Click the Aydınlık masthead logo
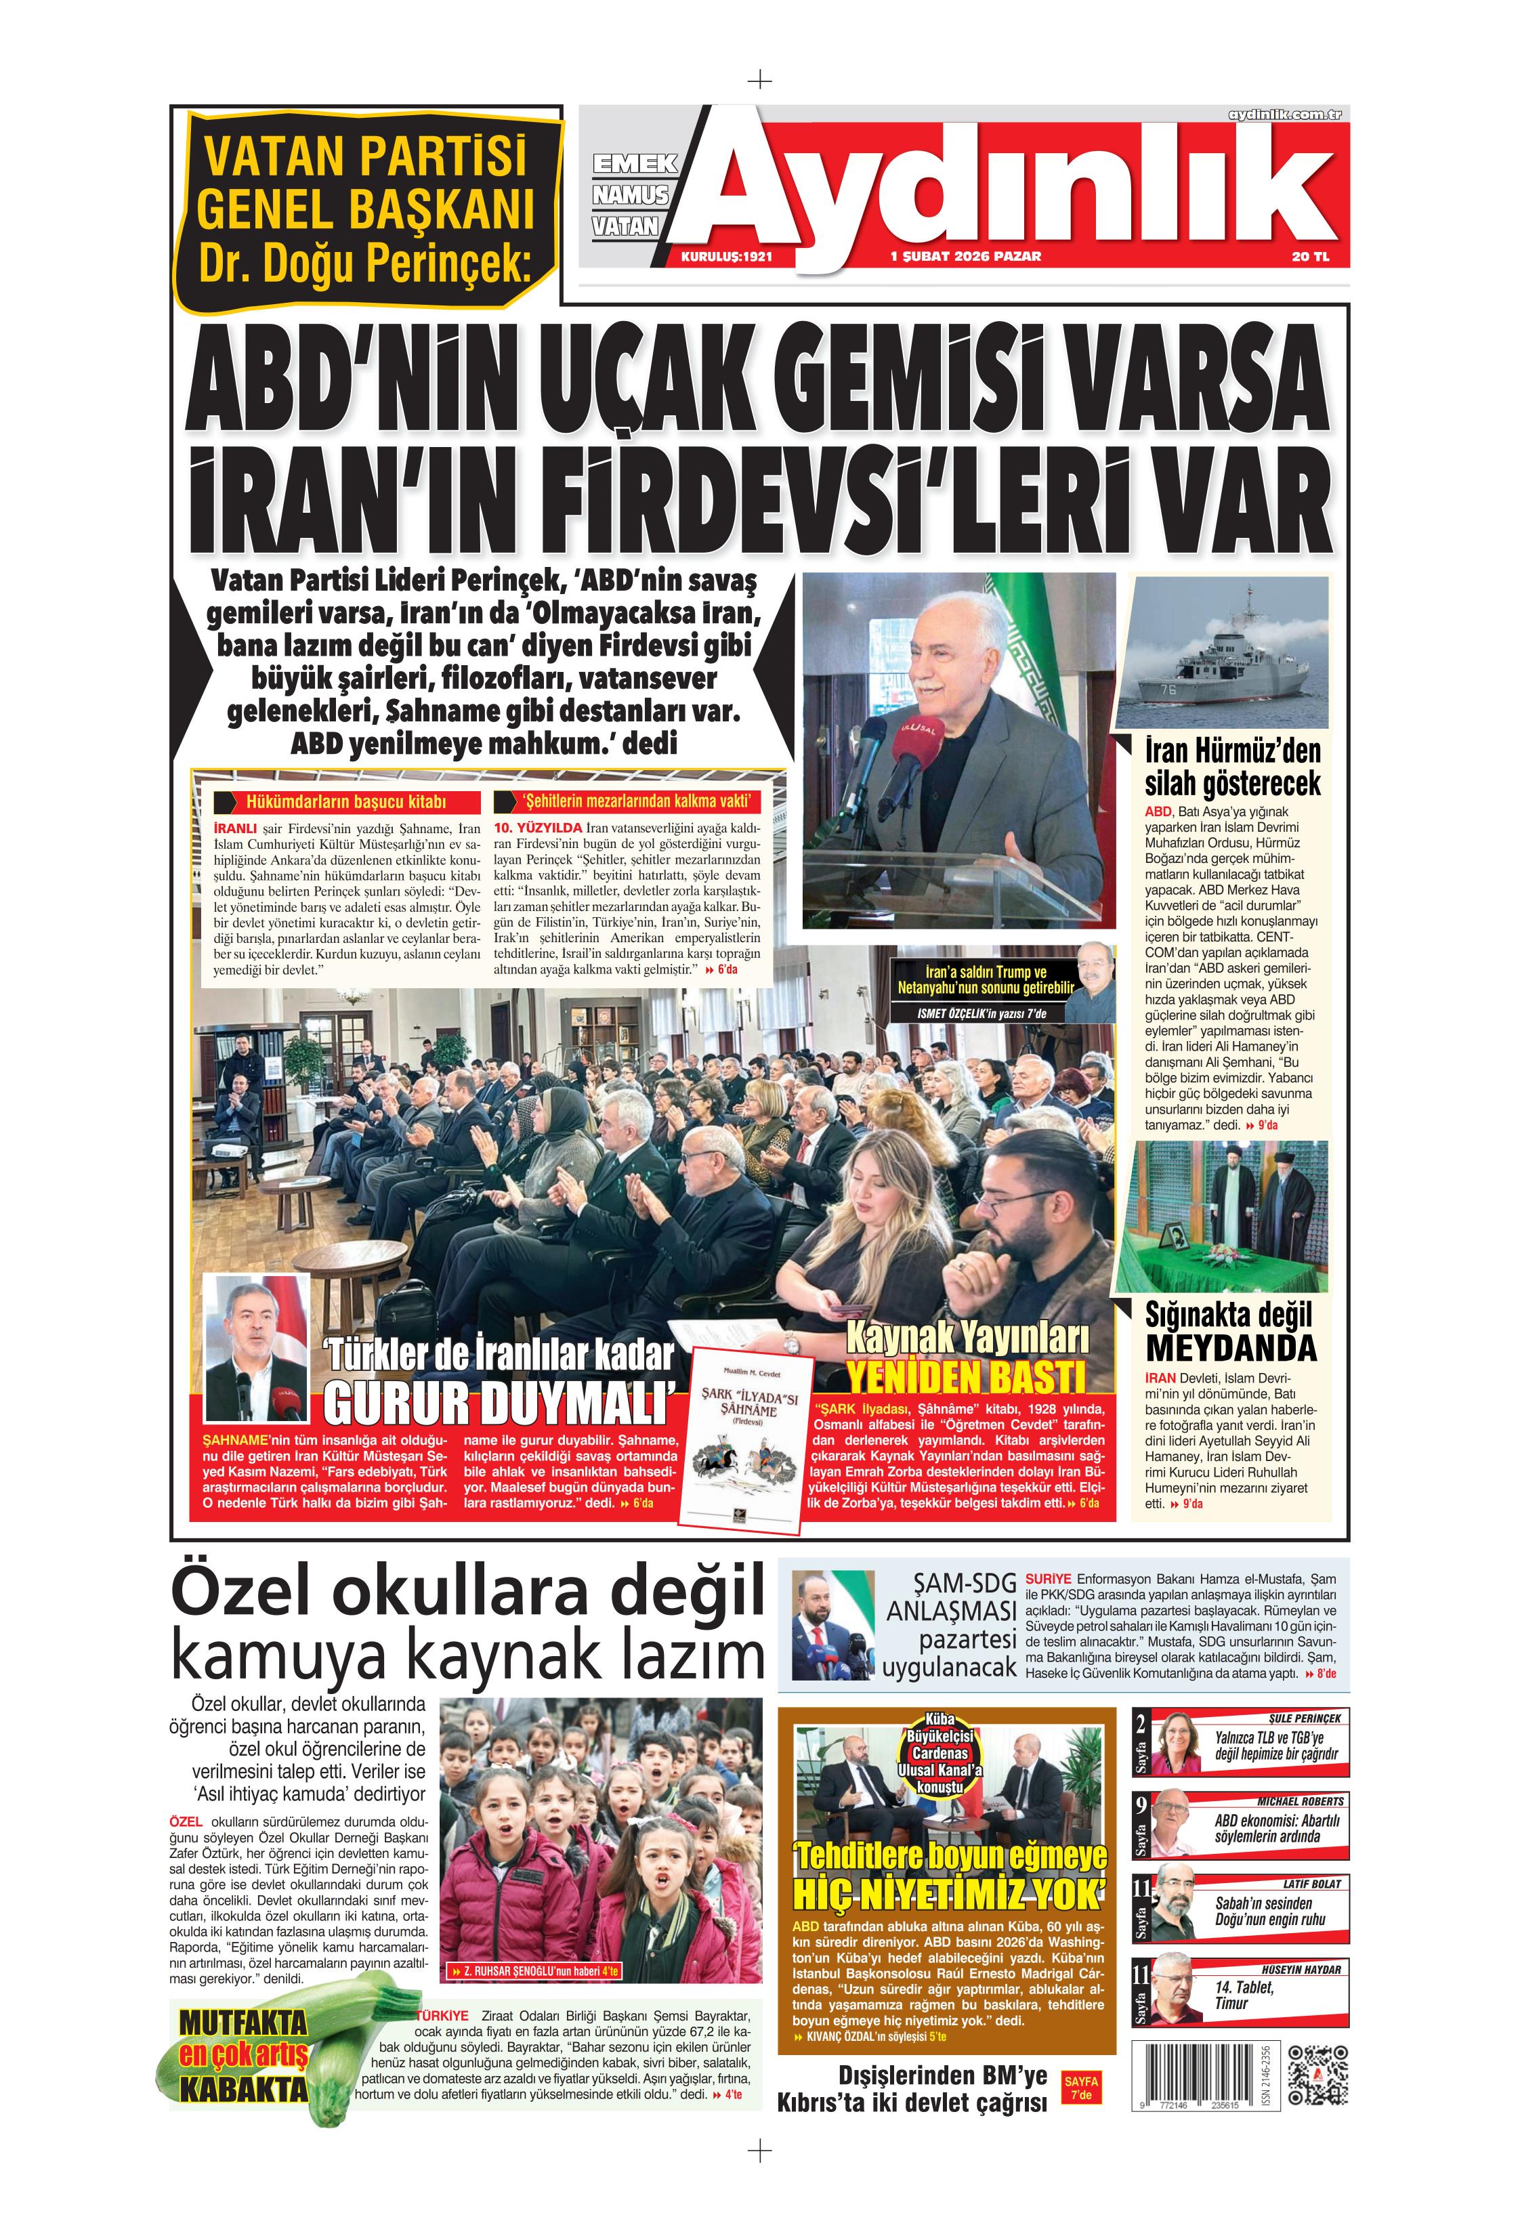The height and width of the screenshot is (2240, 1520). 1002,183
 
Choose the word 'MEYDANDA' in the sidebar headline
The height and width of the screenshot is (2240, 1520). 1231,1347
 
